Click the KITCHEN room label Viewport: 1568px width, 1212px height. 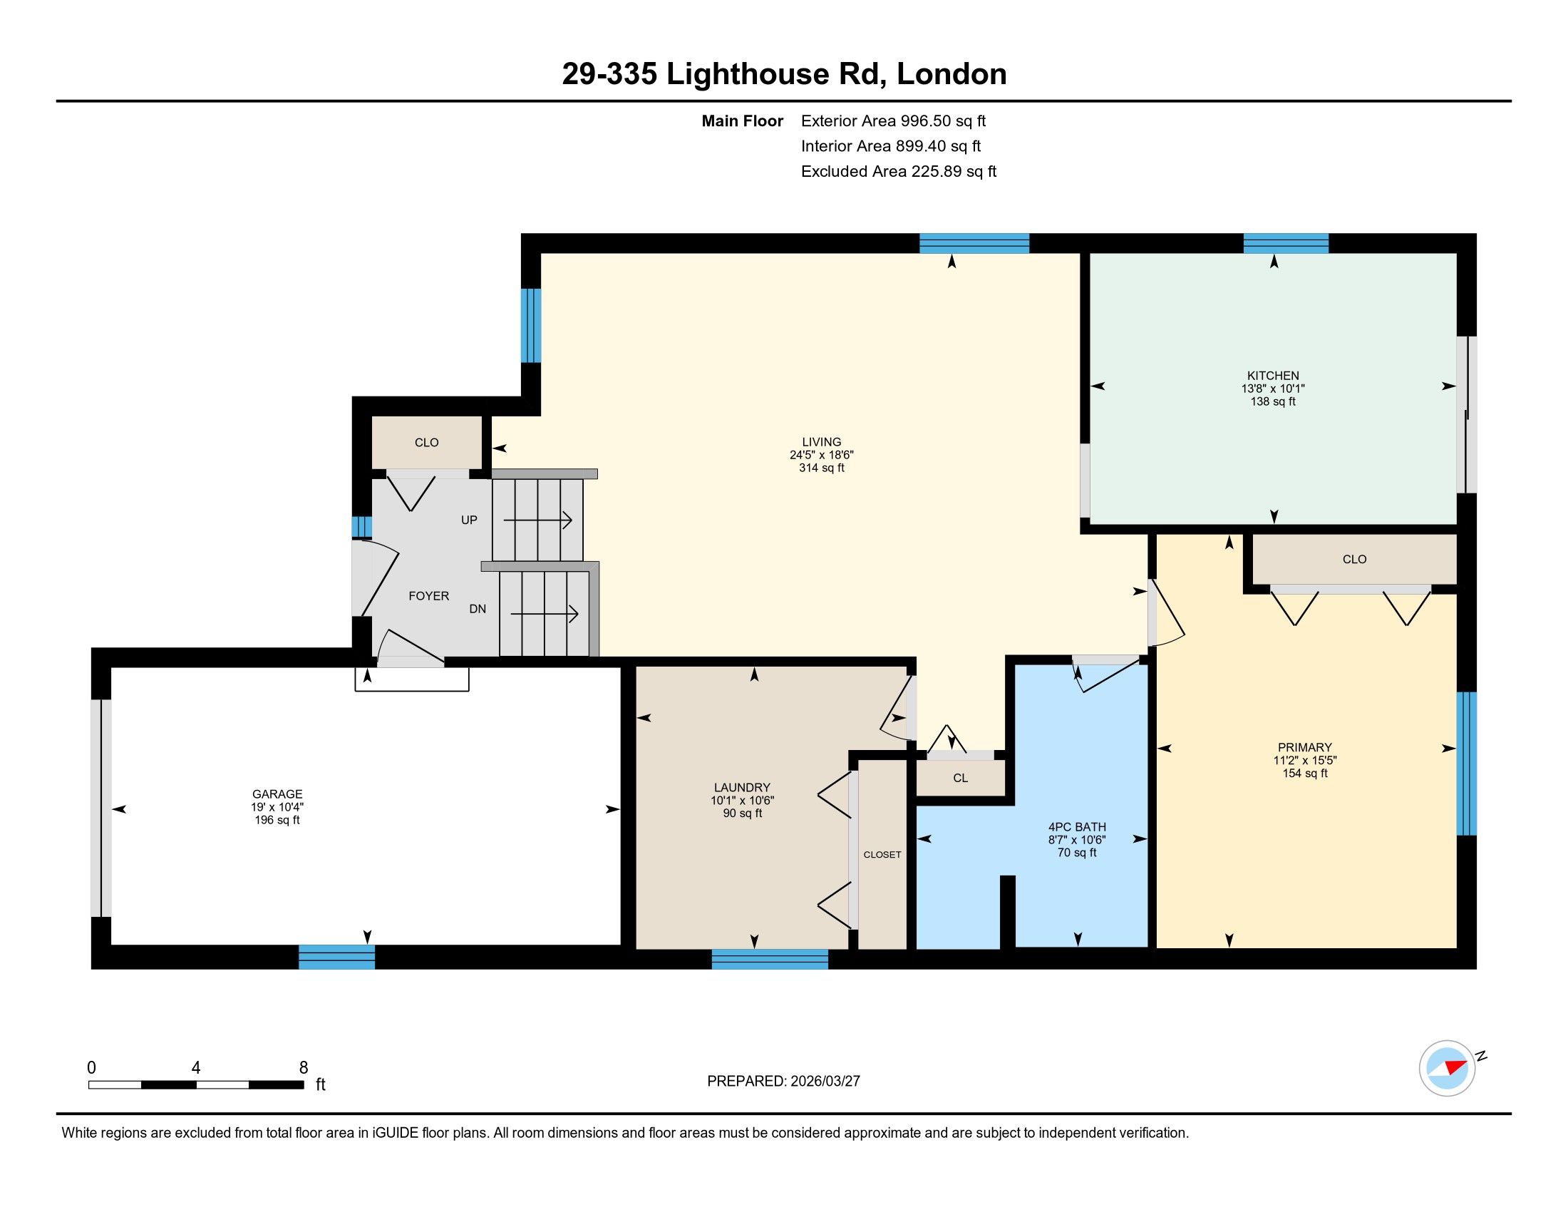point(1273,376)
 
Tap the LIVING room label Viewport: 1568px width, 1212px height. point(821,442)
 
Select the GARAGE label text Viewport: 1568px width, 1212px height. point(277,794)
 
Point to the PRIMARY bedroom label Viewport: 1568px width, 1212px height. point(1304,747)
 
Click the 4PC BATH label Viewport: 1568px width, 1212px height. point(1077,827)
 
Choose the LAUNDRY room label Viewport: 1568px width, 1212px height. point(743,788)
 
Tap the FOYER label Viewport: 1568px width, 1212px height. point(428,596)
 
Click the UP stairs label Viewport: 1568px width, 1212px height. point(469,520)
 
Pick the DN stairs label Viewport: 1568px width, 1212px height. point(478,609)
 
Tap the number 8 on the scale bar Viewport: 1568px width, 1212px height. point(304,1068)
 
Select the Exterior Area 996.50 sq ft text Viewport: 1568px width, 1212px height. point(893,120)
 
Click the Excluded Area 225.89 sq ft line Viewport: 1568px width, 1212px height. point(899,171)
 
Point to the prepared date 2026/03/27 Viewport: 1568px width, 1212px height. point(825,1081)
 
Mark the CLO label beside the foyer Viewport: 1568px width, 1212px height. point(426,442)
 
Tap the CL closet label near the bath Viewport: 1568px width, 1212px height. point(961,778)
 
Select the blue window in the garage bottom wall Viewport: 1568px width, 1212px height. point(336,957)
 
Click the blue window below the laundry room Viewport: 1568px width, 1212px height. point(770,959)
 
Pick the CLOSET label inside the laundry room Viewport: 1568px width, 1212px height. point(882,854)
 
